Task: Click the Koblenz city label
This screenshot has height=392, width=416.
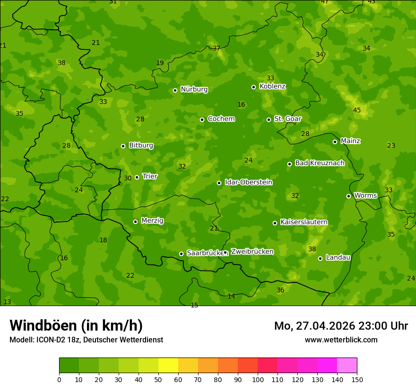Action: tap(272, 86)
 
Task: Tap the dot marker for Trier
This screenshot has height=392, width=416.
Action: tap(137, 178)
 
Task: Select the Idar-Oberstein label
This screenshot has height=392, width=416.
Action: tap(248, 182)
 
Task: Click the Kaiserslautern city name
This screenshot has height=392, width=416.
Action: tap(303, 222)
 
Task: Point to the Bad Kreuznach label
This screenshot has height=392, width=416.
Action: tap(320, 163)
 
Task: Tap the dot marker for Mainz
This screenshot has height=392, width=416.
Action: tap(335, 142)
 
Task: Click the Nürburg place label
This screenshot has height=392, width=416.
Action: tap(194, 89)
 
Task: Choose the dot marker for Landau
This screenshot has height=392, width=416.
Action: tap(320, 258)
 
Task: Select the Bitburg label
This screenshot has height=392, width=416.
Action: tap(141, 145)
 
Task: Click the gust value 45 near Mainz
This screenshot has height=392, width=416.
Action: tap(357, 111)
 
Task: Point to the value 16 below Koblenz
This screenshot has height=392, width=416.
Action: tap(241, 104)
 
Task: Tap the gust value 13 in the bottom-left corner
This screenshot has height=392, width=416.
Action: tap(7, 302)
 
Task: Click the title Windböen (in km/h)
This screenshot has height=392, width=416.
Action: tap(76, 325)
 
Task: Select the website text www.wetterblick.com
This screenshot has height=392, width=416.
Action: tap(341, 340)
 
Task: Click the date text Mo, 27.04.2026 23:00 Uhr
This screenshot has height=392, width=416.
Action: tap(341, 326)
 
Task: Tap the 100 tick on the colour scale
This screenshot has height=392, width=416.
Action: tap(258, 379)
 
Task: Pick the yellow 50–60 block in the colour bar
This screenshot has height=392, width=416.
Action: tap(168, 366)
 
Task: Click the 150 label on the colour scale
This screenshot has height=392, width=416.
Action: tap(357, 379)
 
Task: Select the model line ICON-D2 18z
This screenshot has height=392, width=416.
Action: tap(86, 340)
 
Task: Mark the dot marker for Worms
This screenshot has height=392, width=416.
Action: tap(348, 196)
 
